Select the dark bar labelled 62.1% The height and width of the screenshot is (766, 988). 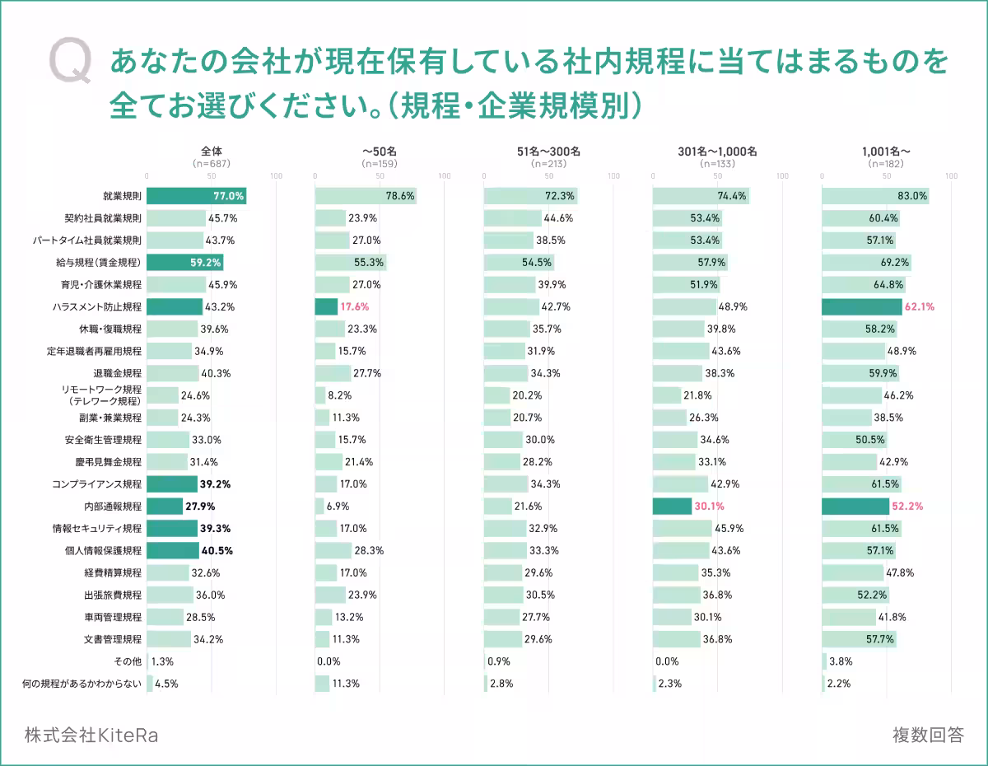(861, 307)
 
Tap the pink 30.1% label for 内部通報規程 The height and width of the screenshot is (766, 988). (709, 507)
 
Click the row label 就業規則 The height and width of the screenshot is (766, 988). (122, 196)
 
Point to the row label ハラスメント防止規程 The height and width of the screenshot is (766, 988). (96, 307)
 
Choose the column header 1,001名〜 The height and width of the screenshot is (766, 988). (886, 152)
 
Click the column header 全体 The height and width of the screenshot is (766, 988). (212, 152)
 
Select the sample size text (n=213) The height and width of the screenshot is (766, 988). (548, 164)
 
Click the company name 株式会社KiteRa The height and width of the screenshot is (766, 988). (91, 735)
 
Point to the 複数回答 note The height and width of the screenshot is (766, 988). (927, 735)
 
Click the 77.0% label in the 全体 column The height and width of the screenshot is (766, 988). (228, 196)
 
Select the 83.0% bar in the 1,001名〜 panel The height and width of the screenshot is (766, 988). (874, 196)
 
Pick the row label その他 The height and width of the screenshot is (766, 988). (126, 661)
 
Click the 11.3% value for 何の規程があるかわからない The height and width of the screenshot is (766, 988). (346, 684)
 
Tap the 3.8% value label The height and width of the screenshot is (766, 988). (841, 661)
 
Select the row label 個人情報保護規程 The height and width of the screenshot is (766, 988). (103, 550)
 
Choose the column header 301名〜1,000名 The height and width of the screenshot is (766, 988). (717, 152)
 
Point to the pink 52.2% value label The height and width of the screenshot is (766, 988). (907, 507)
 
